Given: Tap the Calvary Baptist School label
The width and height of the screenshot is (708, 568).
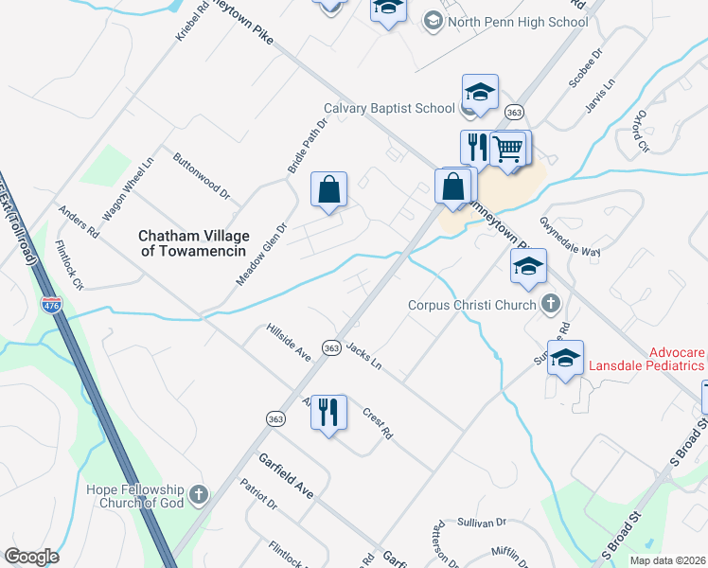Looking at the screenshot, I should tap(389, 108).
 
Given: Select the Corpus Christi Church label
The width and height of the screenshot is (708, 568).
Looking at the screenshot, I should tap(472, 306).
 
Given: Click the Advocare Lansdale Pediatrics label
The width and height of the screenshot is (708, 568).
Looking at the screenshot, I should tap(646, 359).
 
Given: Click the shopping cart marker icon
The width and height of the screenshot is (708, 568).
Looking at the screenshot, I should tap(509, 150).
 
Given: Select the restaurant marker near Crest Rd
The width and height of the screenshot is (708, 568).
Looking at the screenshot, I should tap(328, 413).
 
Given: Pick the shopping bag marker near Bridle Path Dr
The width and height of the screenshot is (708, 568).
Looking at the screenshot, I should tap(328, 189).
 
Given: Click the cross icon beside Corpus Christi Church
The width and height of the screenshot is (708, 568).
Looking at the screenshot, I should tap(552, 305).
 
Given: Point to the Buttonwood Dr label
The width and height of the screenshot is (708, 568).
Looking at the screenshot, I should tap(202, 175).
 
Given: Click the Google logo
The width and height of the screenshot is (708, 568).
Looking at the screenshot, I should tap(31, 557).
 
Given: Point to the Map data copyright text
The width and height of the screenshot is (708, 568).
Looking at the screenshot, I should tap(667, 560).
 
